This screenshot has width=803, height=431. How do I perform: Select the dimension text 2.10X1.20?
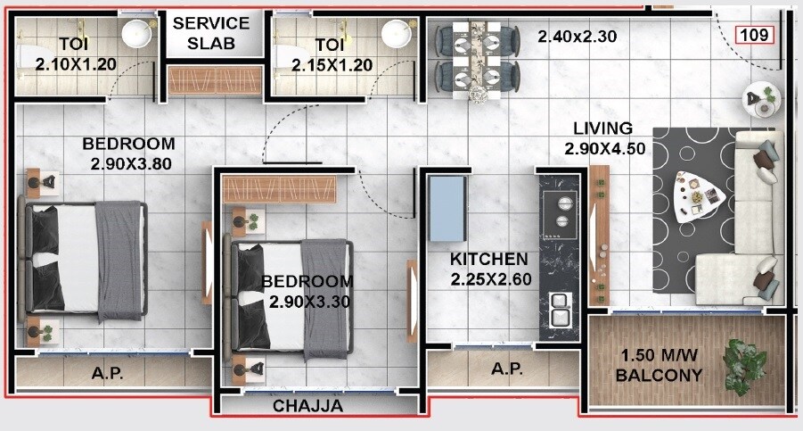[x=76, y=64]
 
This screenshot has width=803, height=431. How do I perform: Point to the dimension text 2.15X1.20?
[x=329, y=64]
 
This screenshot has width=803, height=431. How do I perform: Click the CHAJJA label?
[x=307, y=406]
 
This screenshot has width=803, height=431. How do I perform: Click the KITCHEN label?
[x=488, y=259]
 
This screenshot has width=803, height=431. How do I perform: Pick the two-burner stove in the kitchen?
[x=561, y=211]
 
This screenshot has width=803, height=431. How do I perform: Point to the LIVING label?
[x=602, y=128]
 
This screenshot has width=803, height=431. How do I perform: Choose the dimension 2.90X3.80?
[x=130, y=163]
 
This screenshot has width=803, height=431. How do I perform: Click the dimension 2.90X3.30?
[x=309, y=302]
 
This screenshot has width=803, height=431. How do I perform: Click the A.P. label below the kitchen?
[x=505, y=369]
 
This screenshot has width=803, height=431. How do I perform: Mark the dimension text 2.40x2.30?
[x=577, y=37]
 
